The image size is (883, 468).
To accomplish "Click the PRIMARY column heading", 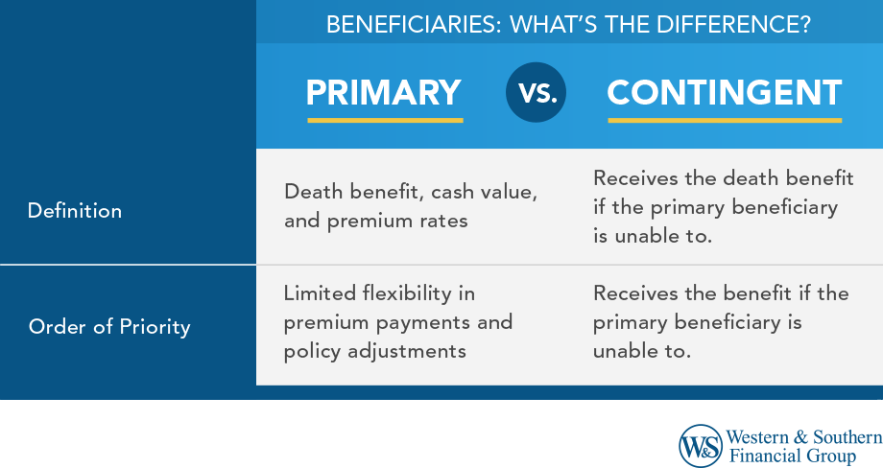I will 384,93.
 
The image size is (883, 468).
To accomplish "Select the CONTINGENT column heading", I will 725,93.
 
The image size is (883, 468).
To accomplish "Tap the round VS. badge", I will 536,93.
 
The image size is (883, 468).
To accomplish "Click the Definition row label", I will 75,210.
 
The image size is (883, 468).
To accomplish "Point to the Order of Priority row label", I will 109,326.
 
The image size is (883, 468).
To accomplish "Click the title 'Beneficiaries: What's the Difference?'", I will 568,24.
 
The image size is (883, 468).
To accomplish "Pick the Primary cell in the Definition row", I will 411,206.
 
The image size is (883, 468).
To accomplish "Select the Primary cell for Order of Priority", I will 398,322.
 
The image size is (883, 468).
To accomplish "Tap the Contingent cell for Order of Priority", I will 721,322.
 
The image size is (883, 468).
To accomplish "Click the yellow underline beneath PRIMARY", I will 385,121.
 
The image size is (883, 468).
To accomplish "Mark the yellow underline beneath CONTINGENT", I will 725,121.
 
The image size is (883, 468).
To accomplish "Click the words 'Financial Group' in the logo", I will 793,456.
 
